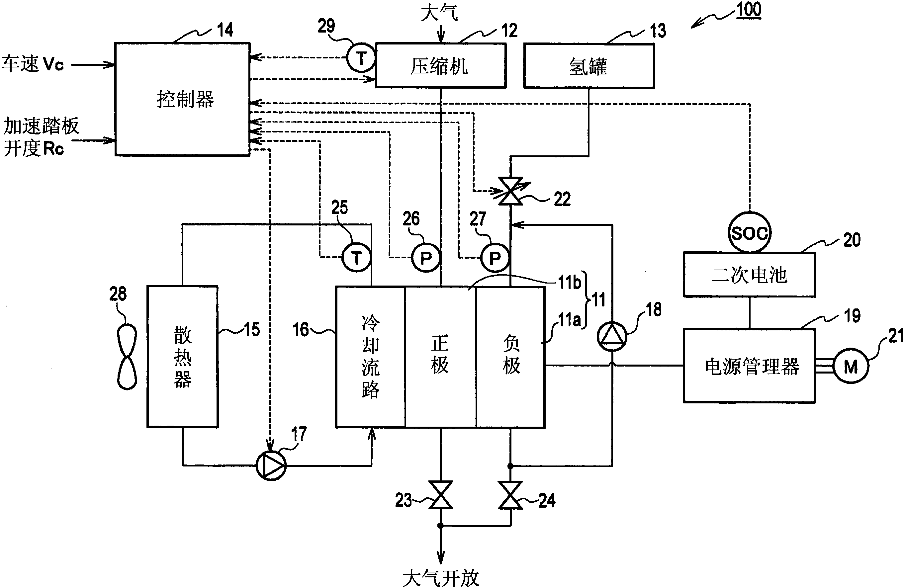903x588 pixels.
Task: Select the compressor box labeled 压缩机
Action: point(440,66)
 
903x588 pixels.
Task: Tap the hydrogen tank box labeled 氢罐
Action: point(588,66)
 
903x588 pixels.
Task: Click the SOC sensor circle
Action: point(749,233)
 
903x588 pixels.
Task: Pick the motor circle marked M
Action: point(851,367)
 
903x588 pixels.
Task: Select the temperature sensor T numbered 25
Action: point(357,258)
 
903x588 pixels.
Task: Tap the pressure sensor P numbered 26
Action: point(426,258)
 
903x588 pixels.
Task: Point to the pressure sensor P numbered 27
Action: point(495,258)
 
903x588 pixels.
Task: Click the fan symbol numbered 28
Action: point(127,357)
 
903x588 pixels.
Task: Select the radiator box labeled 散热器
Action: point(183,357)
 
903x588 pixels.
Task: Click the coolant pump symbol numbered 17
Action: point(271,465)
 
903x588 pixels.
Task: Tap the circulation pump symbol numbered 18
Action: point(612,336)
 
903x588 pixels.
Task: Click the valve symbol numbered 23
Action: point(440,495)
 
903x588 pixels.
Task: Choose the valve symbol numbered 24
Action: point(510,495)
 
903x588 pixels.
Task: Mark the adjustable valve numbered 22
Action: point(510,191)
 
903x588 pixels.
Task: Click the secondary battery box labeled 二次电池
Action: point(749,275)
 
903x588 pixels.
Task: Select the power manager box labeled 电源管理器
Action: point(749,366)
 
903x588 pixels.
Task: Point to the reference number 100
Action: point(749,10)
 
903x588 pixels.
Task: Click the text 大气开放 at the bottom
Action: point(440,578)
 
